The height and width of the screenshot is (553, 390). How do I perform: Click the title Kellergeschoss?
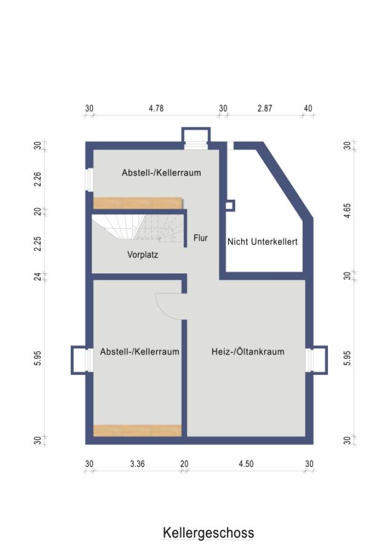pyautogui.click(x=209, y=533)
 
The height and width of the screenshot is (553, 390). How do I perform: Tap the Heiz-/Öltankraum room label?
pyautogui.click(x=248, y=351)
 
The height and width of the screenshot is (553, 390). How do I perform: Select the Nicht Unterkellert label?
pyautogui.click(x=262, y=241)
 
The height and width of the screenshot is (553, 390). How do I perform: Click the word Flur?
pyautogui.click(x=201, y=238)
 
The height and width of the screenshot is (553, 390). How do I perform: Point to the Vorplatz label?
pyautogui.click(x=143, y=254)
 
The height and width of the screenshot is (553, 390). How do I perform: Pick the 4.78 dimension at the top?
pyautogui.click(x=156, y=108)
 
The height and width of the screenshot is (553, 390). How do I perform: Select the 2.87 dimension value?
pyautogui.click(x=265, y=108)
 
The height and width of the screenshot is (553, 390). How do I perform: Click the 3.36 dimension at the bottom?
pyautogui.click(x=137, y=464)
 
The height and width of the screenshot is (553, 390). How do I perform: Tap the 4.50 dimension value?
pyautogui.click(x=246, y=464)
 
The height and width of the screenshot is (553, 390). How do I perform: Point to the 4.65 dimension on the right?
pyautogui.click(x=348, y=211)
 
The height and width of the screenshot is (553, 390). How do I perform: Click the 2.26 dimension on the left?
pyautogui.click(x=38, y=179)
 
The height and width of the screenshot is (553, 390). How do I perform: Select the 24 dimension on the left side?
pyautogui.click(x=38, y=276)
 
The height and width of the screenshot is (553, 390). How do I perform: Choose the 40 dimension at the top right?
pyautogui.click(x=308, y=108)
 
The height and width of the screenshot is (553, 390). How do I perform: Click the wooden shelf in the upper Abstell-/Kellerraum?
pyautogui.click(x=138, y=203)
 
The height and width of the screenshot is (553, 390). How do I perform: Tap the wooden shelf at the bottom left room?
pyautogui.click(x=137, y=431)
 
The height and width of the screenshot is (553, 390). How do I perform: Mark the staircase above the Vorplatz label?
pyautogui.click(x=138, y=228)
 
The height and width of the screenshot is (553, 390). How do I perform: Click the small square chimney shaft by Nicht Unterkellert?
pyautogui.click(x=229, y=206)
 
